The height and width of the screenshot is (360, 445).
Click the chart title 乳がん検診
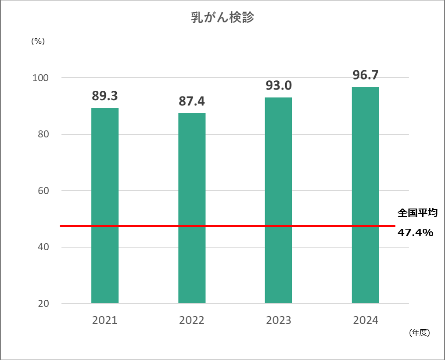222,18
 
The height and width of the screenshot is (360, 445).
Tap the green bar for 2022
192,208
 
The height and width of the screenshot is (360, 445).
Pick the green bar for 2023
279,200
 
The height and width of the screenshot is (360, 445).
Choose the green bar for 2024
366,195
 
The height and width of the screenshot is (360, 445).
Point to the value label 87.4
192,101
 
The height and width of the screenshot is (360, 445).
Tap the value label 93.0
279,85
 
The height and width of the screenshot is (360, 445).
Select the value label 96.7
366,75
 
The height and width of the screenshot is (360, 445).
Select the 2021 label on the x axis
105,320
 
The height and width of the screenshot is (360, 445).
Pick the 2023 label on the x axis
279,320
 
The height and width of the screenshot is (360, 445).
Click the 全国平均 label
417,213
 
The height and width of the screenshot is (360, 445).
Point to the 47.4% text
416,233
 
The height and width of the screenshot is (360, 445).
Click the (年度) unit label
419,333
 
